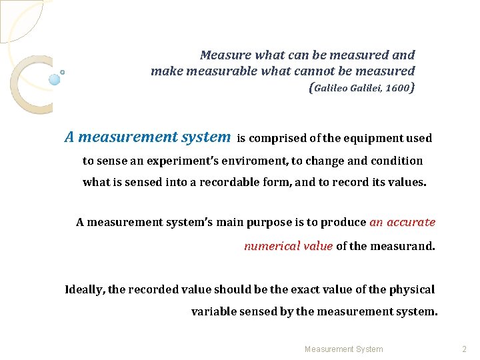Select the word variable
pos(213,311)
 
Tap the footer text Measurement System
pos(343,349)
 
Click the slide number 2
pos(465,349)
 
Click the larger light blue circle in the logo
pos(55,79)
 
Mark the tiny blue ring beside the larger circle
pos(63,72)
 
